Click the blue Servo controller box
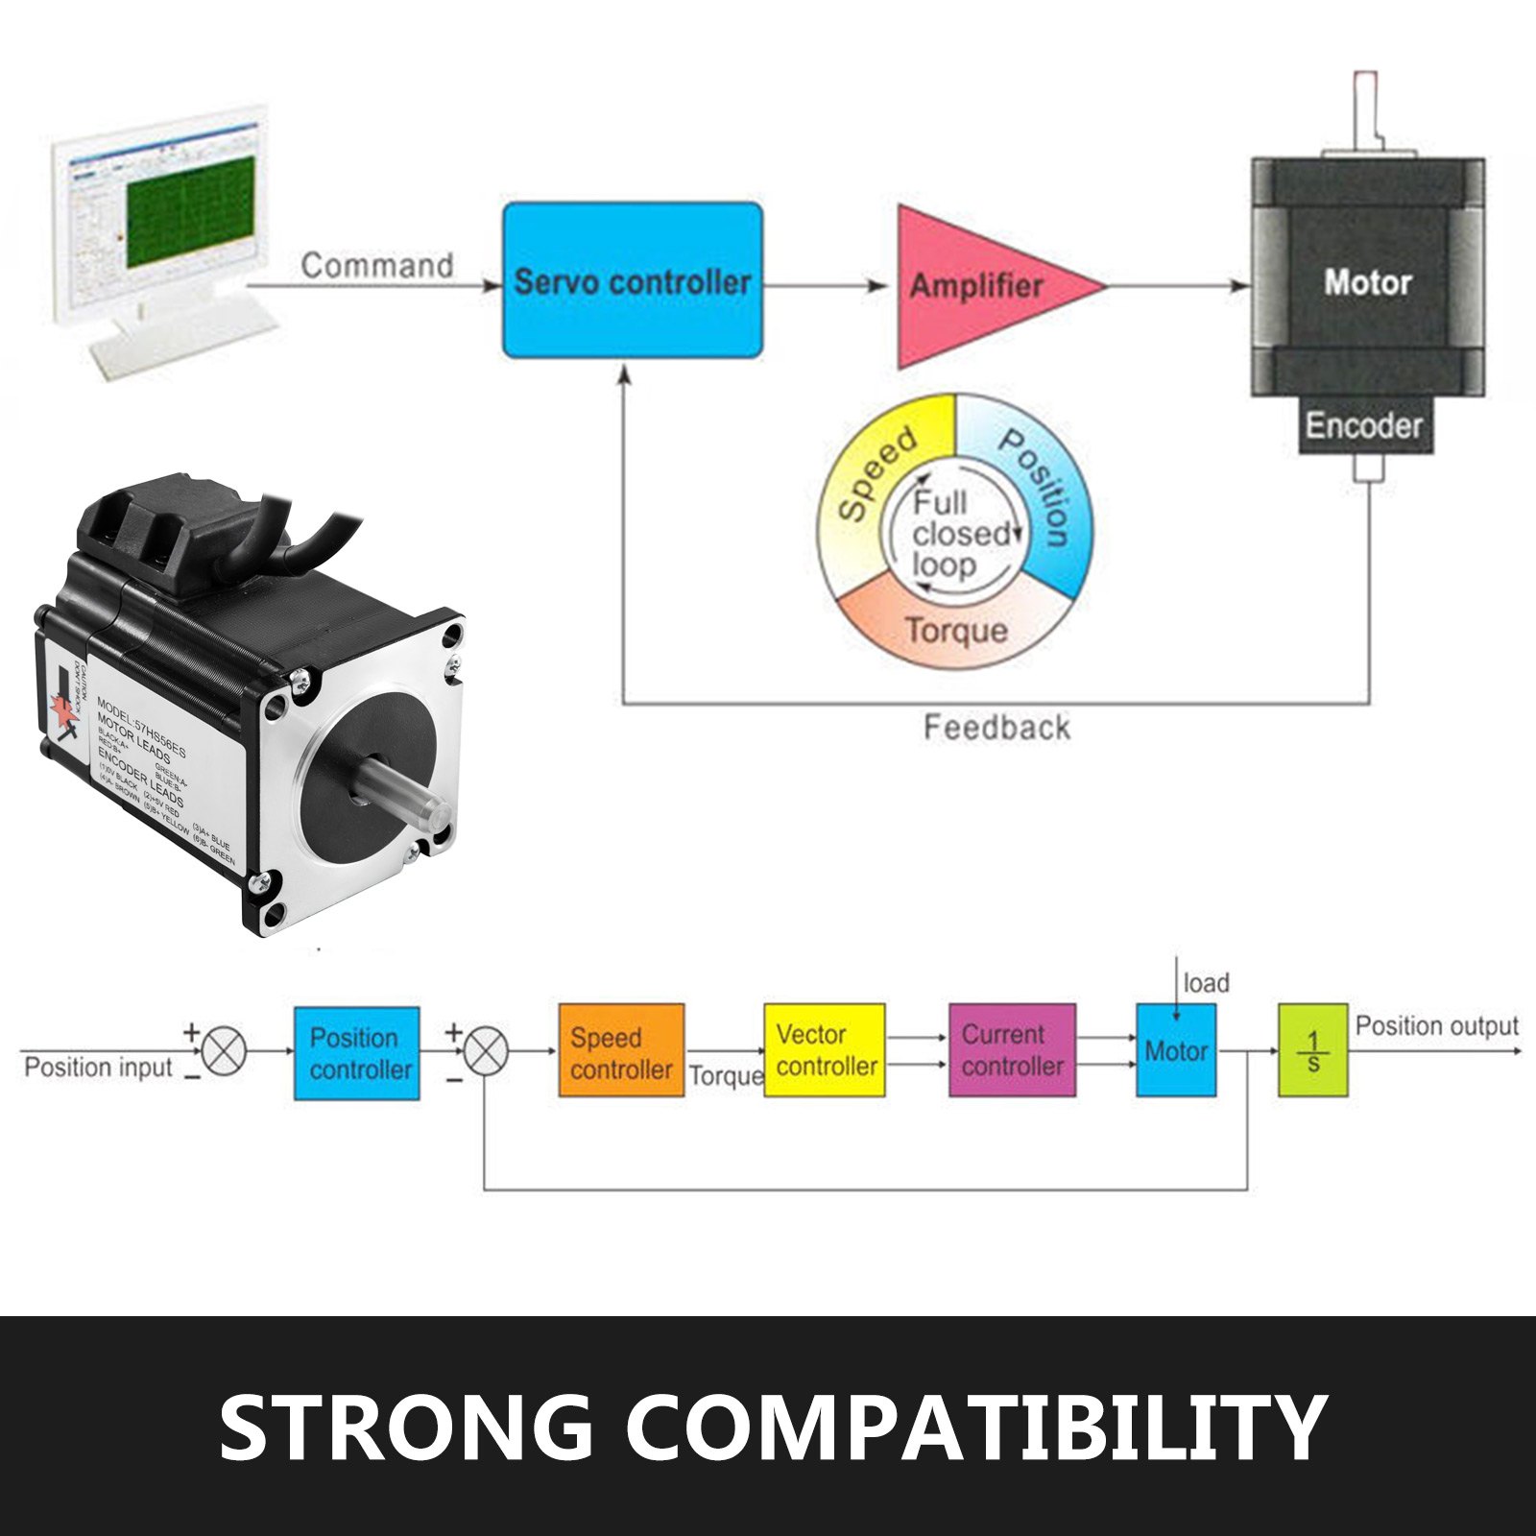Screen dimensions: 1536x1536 click(633, 280)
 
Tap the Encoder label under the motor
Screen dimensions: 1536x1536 click(1363, 425)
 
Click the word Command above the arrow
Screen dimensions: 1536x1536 click(376, 266)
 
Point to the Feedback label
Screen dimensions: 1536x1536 click(996, 728)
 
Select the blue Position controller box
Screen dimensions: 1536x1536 click(357, 1053)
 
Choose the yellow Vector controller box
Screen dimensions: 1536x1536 click(825, 1051)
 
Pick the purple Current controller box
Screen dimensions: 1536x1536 click(1012, 1051)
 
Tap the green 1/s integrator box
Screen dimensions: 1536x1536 click(1312, 1051)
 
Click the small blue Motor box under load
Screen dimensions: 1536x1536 click(1176, 1051)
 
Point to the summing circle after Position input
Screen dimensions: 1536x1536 click(224, 1050)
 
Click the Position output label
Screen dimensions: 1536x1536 click(1436, 1026)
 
